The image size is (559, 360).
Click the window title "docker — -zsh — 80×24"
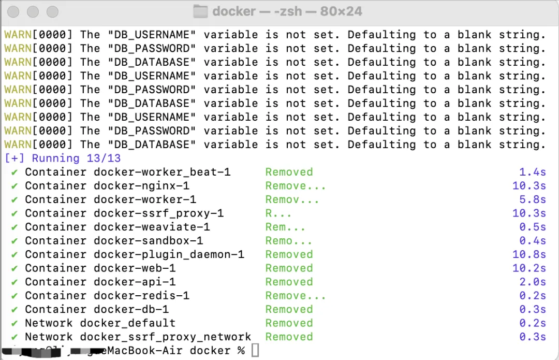click(x=287, y=11)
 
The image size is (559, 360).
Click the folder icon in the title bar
click(x=200, y=11)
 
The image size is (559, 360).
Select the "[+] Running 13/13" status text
click(x=62, y=158)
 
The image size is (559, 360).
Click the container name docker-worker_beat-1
click(x=162, y=172)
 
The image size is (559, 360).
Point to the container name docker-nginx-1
click(x=141, y=185)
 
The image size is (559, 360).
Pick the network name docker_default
click(x=127, y=323)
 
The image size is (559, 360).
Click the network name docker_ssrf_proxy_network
click(x=166, y=337)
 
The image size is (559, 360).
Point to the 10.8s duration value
click(x=529, y=254)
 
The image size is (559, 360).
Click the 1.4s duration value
click(x=533, y=172)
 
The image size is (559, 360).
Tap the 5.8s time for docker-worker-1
click(x=533, y=199)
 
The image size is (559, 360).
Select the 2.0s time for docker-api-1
click(x=533, y=282)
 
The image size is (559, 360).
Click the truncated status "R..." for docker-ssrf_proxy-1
click(x=278, y=213)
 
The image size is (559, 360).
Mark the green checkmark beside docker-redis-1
click(x=14, y=295)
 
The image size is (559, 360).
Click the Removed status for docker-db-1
click(x=289, y=309)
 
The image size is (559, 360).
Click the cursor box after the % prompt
click(x=255, y=351)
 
